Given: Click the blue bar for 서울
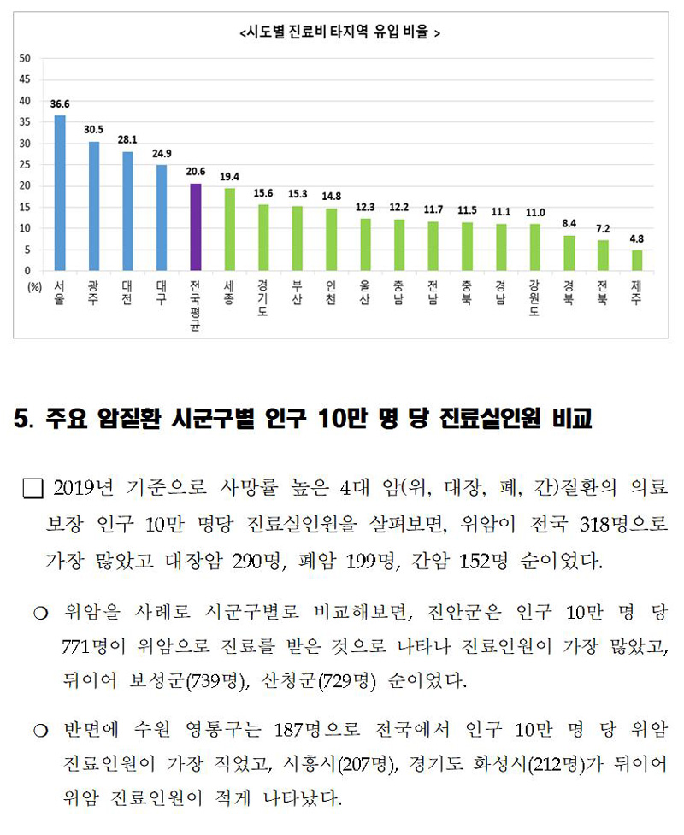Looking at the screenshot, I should pos(59,193).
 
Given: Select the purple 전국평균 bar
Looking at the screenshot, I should pos(195,227).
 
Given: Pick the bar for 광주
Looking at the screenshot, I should pos(94,206).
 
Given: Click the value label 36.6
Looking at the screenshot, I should pos(59,103).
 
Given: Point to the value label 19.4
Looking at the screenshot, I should pos(229,176).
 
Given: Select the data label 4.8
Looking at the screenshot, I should pos(636,238).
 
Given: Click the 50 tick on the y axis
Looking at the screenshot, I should pos(25,59).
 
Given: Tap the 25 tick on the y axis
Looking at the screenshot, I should pos(25,165).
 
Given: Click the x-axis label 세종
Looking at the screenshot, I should pos(229,293).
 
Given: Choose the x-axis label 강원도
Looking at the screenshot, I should pos(534,298).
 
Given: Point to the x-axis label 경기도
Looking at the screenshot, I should pos(262,298).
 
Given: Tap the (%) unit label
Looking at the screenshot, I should pos(34,287).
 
